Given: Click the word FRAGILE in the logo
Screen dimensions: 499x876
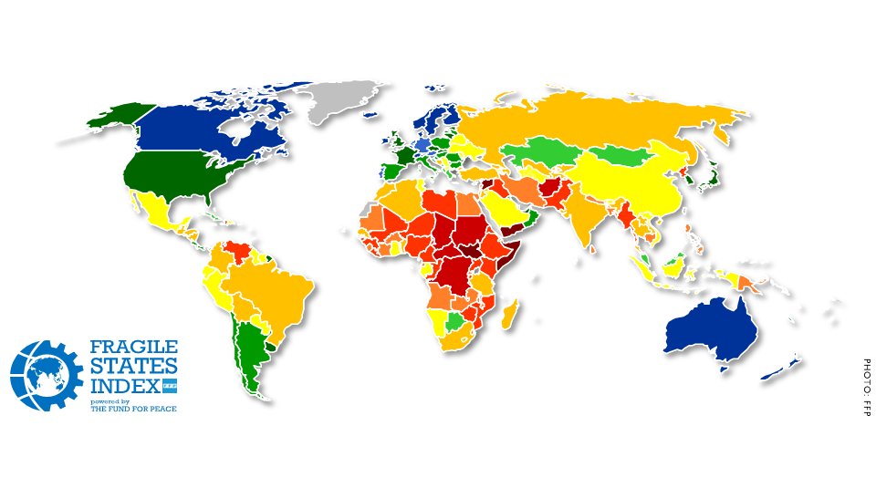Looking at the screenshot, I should click(134, 348).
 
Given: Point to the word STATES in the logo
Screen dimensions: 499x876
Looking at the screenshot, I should click(129, 368).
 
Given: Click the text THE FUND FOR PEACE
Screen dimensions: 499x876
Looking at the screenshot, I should click(133, 410).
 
